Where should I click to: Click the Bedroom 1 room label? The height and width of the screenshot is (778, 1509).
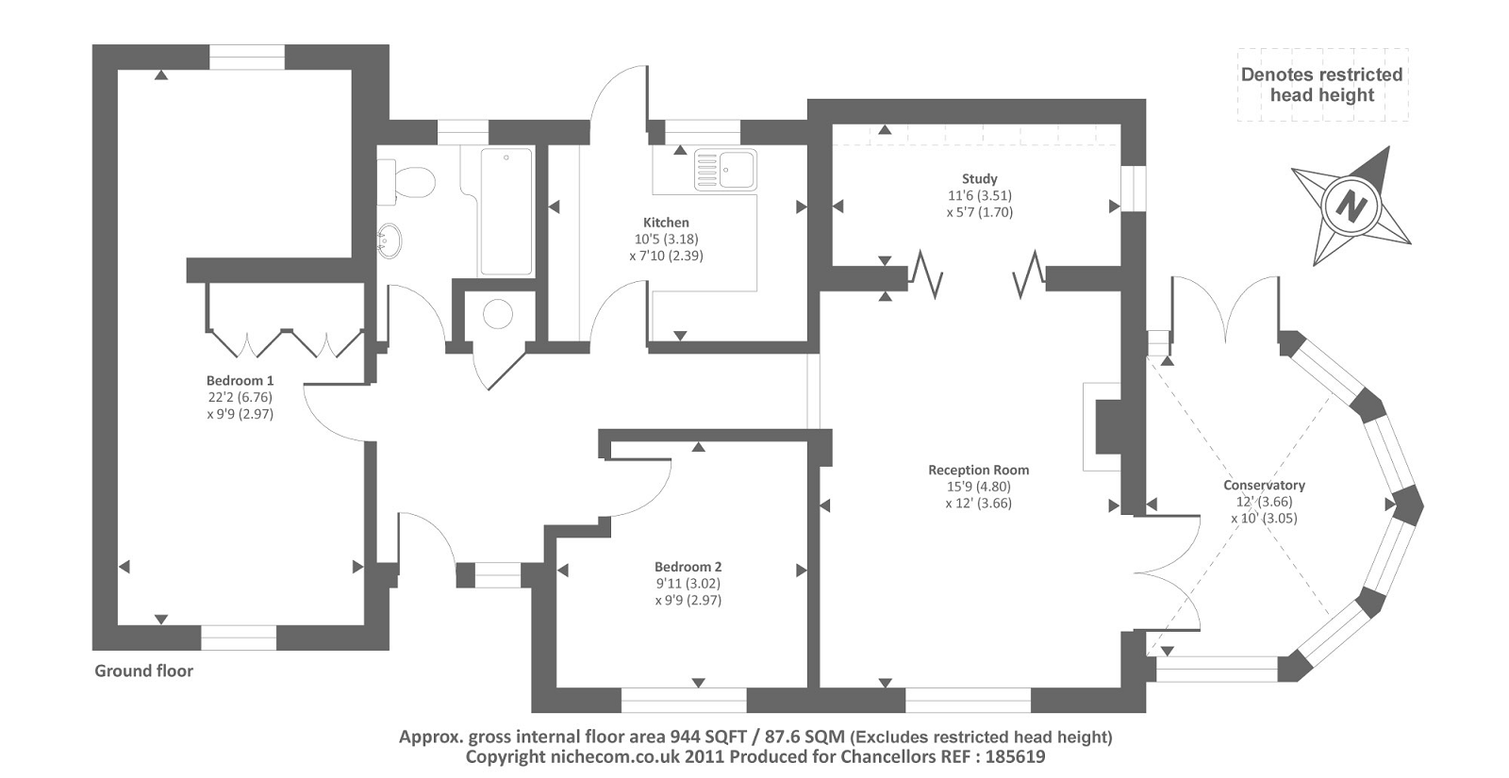pyautogui.click(x=240, y=381)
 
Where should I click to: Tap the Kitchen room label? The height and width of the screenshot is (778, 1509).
pyautogui.click(x=666, y=223)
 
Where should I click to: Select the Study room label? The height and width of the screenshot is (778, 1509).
pyautogui.click(x=979, y=178)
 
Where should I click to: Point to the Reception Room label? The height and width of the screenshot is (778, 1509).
pyautogui.click(x=978, y=470)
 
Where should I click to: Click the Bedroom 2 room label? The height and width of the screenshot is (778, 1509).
pyautogui.click(x=688, y=567)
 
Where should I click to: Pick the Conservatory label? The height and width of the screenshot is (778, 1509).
pyautogui.click(x=1264, y=485)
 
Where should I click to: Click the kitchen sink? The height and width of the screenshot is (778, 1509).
pyautogui.click(x=725, y=169)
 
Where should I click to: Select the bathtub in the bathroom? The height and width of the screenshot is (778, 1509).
pyautogui.click(x=506, y=210)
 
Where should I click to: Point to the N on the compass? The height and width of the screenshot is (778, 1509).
pyautogui.click(x=1351, y=205)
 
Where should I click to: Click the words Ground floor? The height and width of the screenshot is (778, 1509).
pyautogui.click(x=143, y=670)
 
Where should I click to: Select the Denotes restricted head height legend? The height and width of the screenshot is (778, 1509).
pyautogui.click(x=1321, y=85)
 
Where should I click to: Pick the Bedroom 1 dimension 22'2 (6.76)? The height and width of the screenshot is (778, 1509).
pyautogui.click(x=240, y=397)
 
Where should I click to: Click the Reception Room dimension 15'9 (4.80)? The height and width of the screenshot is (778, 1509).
pyautogui.click(x=978, y=487)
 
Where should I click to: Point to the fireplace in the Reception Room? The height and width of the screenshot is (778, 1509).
pyautogui.click(x=1103, y=426)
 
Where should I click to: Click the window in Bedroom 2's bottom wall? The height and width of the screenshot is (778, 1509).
pyautogui.click(x=684, y=700)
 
